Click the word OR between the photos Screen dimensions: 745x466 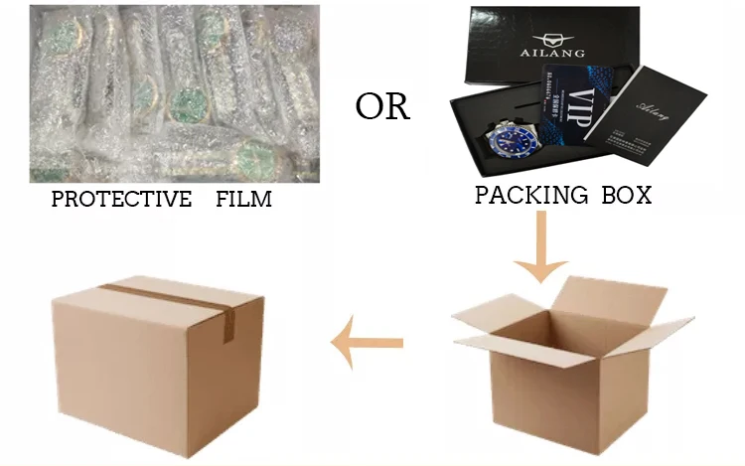pyautogui.click(x=382, y=106)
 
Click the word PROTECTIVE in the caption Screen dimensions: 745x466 pyautogui.click(x=121, y=200)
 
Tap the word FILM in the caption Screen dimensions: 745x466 pyautogui.click(x=243, y=200)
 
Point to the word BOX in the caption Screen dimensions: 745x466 pyautogui.click(x=624, y=195)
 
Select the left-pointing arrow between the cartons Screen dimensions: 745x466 pyautogui.click(x=367, y=344)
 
